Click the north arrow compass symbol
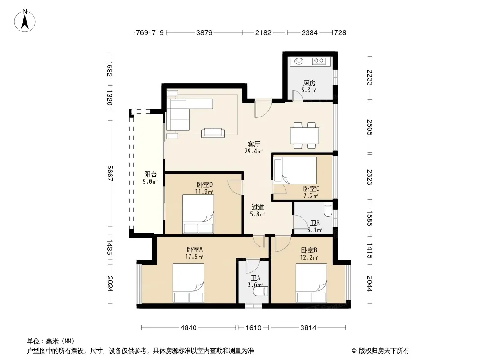(x=25, y=21)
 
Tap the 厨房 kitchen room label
(x=309, y=83)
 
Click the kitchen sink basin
(x=299, y=61)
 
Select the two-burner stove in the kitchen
(x=318, y=61)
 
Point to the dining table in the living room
(x=304, y=135)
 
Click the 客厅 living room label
(x=254, y=144)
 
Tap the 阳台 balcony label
(x=150, y=174)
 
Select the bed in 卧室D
(x=198, y=214)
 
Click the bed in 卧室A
(x=189, y=283)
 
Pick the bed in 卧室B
(x=311, y=283)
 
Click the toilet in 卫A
(x=261, y=291)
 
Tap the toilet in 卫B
(x=328, y=210)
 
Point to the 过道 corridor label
(x=258, y=207)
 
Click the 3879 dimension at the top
(x=204, y=32)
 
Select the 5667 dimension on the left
(x=110, y=173)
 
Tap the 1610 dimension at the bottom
(x=254, y=328)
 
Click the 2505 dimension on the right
(x=370, y=127)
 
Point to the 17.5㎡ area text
(x=194, y=256)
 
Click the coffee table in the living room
(x=213, y=133)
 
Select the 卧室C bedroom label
(x=311, y=189)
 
